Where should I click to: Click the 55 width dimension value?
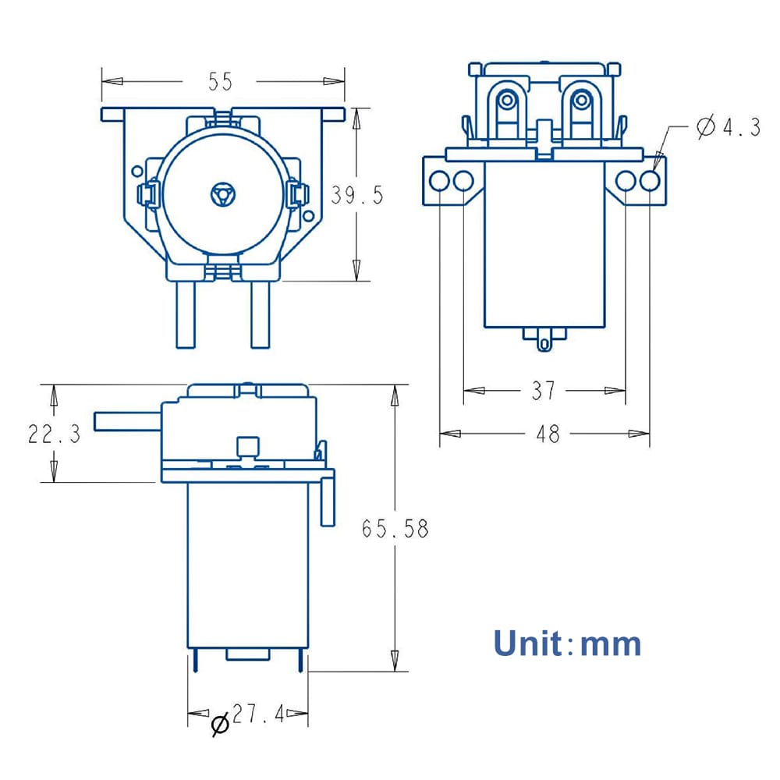click(x=220, y=81)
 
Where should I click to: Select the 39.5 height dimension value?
click(x=356, y=195)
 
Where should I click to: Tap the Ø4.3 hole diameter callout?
click(x=728, y=127)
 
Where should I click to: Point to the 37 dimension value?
click(x=544, y=390)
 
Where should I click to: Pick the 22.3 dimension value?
click(x=54, y=434)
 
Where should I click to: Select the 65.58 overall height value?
click(x=395, y=529)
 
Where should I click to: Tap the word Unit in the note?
click(x=526, y=644)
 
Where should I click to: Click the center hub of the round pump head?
click(x=222, y=195)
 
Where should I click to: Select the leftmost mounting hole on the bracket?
click(x=439, y=181)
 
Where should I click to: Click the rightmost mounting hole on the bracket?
click(x=650, y=181)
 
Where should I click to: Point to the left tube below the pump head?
click(x=186, y=314)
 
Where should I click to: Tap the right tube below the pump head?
click(x=259, y=314)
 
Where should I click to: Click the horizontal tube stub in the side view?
click(x=125, y=421)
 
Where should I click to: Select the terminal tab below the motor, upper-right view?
click(x=544, y=340)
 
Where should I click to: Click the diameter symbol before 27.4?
click(x=220, y=725)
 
